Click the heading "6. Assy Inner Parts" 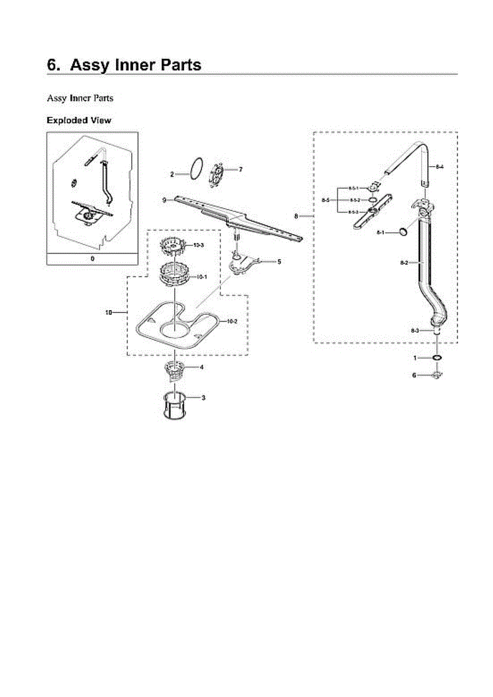pos(124,65)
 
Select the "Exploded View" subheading pos(79,121)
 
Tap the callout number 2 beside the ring pos(172,174)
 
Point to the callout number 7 pos(240,170)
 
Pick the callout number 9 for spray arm pos(164,200)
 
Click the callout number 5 pos(279,262)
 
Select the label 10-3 pos(198,246)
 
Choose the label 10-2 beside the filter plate pos(231,321)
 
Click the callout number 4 pos(201,367)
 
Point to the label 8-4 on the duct pos(440,167)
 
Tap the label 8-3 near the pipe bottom pos(415,330)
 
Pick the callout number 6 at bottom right pos(414,375)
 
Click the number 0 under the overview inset pos(92,258)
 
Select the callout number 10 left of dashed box pos(108,312)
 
